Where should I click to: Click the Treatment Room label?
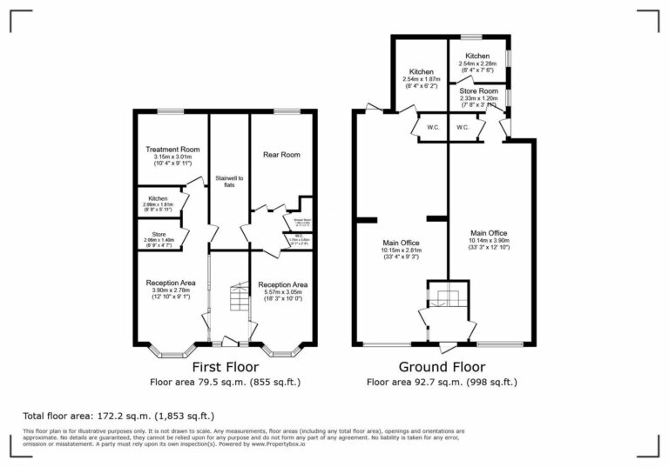coord(172,150)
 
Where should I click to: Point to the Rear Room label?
coord(281,155)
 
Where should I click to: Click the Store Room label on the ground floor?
coord(478,90)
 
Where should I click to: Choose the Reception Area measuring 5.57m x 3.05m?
coord(281,284)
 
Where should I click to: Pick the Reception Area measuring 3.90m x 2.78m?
coord(170,283)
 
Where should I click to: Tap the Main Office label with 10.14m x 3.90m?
coord(489,233)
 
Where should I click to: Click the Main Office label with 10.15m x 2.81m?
coord(401,243)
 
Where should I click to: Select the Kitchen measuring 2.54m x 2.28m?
coord(477,56)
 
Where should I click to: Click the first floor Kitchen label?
coord(158,199)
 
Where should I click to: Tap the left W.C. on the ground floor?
coord(432,128)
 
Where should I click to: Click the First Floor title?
coord(225,367)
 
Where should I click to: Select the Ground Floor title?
coord(442,367)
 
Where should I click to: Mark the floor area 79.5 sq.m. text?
coord(225,382)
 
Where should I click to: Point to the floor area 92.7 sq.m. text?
coord(442,382)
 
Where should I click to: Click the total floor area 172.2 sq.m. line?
coord(118,417)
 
